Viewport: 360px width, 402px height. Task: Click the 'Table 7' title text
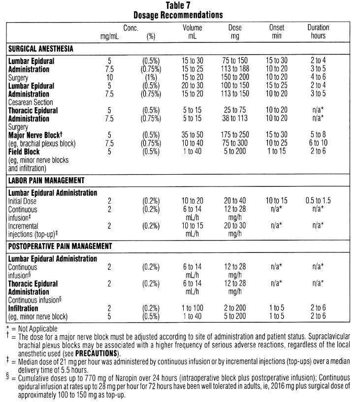[180, 5]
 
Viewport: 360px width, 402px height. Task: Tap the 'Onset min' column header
[277, 32]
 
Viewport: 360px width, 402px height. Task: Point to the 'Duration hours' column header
[318, 32]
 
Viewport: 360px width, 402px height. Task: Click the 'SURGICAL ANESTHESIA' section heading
[41, 49]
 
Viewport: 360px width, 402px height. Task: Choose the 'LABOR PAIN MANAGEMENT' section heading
[46, 181]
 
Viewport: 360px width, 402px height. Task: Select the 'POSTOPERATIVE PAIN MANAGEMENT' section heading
[60, 246]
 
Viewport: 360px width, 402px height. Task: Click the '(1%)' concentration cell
[151, 78]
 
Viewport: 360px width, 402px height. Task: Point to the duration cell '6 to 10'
[318, 143]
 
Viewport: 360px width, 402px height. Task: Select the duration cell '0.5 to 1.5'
[318, 201]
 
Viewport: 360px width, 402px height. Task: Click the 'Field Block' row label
[24, 152]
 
